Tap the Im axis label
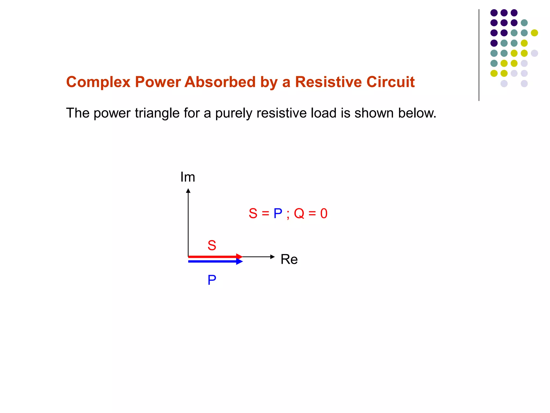(x=188, y=177)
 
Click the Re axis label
(x=289, y=259)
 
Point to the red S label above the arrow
(x=212, y=245)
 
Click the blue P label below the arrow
(x=212, y=280)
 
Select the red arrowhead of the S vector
(x=239, y=257)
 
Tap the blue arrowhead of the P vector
(x=239, y=261)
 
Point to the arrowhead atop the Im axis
(x=188, y=191)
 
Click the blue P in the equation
(x=278, y=213)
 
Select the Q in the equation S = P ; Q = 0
(x=299, y=213)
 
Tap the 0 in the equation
(x=324, y=213)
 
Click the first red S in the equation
(x=253, y=213)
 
